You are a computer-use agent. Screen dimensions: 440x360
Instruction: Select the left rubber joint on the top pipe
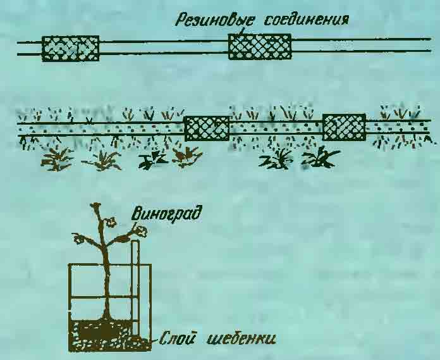coord(70,48)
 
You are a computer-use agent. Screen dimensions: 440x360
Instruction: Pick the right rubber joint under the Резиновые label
coord(260,47)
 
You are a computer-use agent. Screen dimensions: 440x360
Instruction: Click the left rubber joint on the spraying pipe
coord(207,128)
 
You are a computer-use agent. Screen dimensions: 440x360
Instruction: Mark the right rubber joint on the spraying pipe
coord(344,127)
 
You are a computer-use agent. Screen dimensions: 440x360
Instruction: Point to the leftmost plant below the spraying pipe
coord(56,159)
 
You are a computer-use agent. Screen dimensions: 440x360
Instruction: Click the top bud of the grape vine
coord(96,205)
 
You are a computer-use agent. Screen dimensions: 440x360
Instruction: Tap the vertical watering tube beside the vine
coord(135,289)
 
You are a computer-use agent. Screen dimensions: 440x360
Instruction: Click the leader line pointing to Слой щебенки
coord(154,340)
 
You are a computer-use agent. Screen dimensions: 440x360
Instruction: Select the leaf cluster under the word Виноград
coord(140,231)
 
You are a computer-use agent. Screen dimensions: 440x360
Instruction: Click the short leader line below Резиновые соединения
coord(241,31)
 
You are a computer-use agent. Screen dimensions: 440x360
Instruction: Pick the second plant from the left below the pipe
coord(102,161)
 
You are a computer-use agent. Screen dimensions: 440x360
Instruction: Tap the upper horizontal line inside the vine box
coord(104,297)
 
